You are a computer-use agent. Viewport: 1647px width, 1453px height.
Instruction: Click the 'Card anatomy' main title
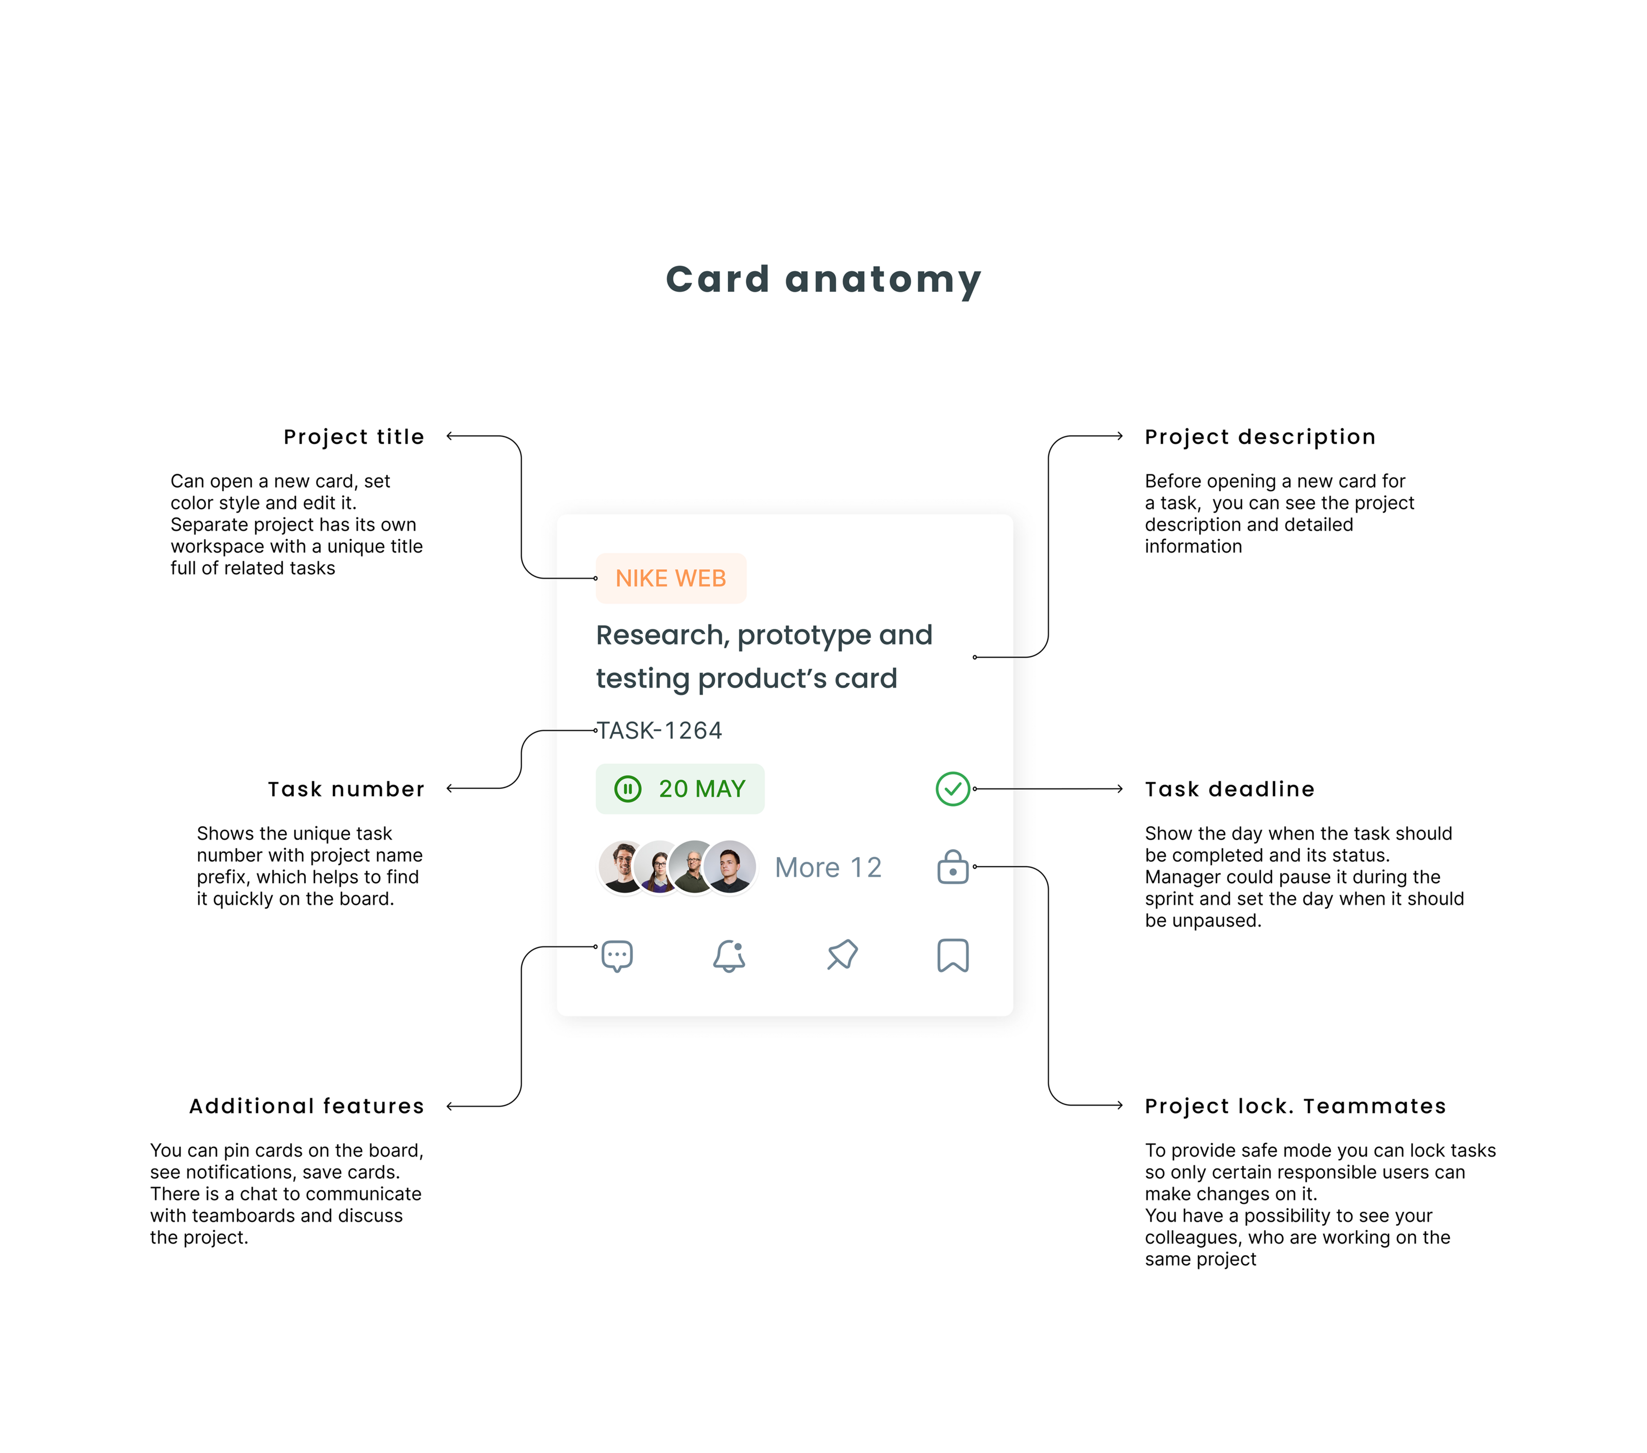[822, 279]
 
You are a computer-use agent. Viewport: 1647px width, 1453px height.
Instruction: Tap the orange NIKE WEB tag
[671, 578]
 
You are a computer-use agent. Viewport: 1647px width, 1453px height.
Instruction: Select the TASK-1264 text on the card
[659, 730]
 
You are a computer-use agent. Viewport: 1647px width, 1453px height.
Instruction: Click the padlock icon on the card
[952, 867]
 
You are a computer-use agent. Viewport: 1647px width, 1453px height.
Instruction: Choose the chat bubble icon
[617, 956]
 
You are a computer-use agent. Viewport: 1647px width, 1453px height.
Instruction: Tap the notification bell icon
[729, 956]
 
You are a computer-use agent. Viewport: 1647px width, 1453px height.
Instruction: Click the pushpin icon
[842, 956]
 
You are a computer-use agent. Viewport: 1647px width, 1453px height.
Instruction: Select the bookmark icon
[952, 956]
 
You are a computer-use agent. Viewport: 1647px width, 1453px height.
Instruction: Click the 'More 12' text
[828, 867]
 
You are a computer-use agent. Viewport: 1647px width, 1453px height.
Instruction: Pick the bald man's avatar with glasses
[693, 867]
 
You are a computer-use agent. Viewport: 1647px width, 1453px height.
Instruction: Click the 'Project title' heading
[354, 437]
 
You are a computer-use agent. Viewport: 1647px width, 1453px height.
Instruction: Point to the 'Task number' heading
[346, 789]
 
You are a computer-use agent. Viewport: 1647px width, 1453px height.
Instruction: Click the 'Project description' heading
[1259, 437]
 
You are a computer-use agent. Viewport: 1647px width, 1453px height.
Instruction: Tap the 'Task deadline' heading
[1229, 789]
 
